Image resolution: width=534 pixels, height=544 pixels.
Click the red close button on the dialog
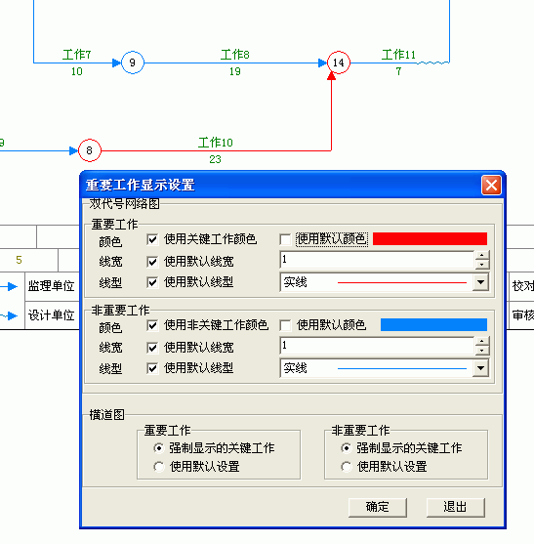click(x=491, y=185)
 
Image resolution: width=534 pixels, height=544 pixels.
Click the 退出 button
click(x=455, y=507)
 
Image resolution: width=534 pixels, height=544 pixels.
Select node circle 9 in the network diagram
click(x=133, y=63)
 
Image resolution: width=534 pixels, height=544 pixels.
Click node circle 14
click(x=339, y=63)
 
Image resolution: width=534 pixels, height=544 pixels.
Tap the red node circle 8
click(x=90, y=150)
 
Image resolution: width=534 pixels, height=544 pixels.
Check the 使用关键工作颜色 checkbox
click(x=152, y=239)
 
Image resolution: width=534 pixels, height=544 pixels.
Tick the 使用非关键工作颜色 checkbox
click(x=152, y=325)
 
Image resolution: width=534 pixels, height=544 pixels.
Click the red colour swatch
click(x=430, y=238)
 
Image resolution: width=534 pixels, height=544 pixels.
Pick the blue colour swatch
click(x=433, y=324)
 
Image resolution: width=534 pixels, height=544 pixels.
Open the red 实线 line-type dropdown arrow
click(x=480, y=282)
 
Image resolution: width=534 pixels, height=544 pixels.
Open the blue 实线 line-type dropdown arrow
click(x=480, y=368)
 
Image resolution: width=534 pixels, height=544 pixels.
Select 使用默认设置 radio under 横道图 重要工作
click(x=159, y=467)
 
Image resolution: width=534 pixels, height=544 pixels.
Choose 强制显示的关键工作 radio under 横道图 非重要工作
click(x=346, y=448)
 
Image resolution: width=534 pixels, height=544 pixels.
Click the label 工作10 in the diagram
click(x=216, y=143)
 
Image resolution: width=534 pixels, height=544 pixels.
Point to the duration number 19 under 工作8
click(x=234, y=71)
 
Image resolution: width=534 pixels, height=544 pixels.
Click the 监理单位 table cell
click(x=52, y=286)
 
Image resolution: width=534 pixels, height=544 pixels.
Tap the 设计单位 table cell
click(x=52, y=315)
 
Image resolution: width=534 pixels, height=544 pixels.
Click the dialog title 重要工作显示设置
click(x=140, y=185)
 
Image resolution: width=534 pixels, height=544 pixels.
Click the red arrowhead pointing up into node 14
click(x=332, y=76)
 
